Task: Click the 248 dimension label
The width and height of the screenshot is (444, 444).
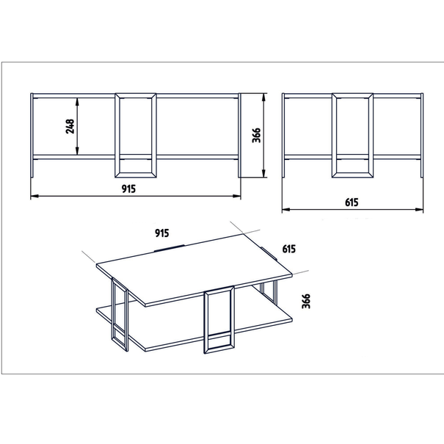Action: point(70,126)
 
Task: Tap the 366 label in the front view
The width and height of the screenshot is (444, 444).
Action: point(256,135)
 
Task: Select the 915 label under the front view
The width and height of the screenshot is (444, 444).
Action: point(128,189)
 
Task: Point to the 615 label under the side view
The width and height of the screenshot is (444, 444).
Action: point(352,203)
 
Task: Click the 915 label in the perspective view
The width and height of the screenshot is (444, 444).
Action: point(162,233)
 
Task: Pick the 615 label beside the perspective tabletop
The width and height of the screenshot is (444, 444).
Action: point(289,249)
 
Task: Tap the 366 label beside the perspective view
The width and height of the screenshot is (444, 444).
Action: point(306,301)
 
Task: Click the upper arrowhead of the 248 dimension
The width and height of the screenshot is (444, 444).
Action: point(77,102)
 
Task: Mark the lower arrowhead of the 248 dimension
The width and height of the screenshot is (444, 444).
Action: point(77,151)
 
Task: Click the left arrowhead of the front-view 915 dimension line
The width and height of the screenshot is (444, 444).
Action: point(34,196)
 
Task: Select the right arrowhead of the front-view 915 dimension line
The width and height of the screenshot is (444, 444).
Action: point(237,196)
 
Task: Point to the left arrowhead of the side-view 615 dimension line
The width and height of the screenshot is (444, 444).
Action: point(286,210)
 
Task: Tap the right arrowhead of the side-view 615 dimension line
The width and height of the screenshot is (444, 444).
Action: point(419,210)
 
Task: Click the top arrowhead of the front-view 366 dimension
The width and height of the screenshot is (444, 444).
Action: point(263,98)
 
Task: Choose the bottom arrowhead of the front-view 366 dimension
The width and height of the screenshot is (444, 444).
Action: point(263,173)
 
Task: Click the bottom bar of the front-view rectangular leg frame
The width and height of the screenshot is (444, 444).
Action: point(136,175)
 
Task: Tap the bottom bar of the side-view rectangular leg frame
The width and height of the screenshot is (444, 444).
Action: point(352,175)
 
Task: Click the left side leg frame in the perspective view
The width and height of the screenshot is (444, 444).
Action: point(120,315)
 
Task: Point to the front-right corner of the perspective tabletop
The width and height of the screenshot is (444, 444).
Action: point(145,305)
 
